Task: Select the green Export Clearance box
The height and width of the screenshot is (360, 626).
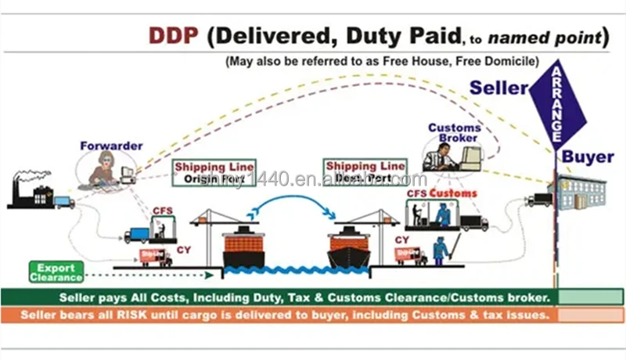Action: click(x=56, y=272)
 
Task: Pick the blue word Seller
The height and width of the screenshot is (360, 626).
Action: click(x=498, y=88)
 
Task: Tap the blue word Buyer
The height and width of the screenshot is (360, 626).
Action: click(x=588, y=157)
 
